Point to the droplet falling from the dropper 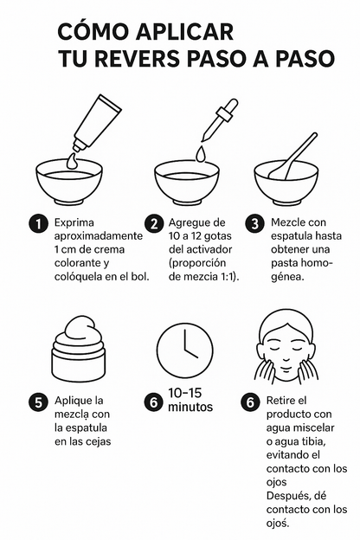click(x=201, y=153)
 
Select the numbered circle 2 click(x=155, y=223)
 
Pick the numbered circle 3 click(x=255, y=223)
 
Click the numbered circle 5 click(x=37, y=402)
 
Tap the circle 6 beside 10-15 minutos click(x=153, y=402)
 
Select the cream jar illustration click(x=80, y=350)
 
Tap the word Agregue click(x=196, y=222)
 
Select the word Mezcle click(x=291, y=222)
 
